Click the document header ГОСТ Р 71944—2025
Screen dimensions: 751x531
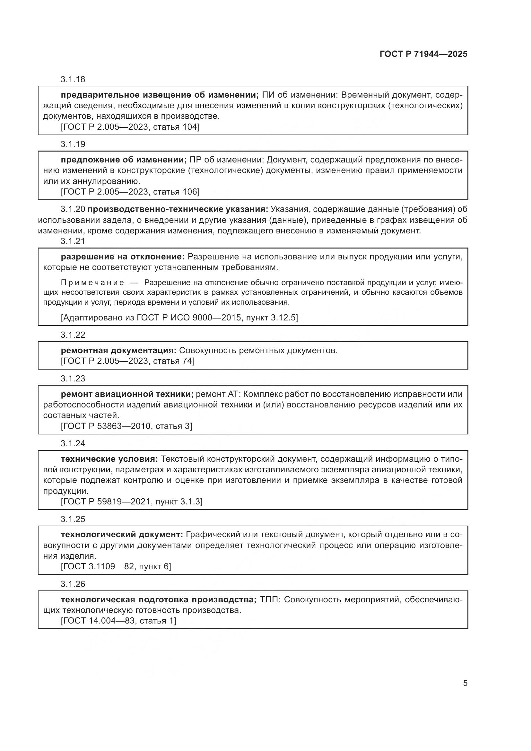423,54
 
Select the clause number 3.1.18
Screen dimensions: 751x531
73,79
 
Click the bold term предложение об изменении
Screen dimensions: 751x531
124,160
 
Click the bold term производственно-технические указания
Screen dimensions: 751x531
178,209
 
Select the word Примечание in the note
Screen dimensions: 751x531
92,283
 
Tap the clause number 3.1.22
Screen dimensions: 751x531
73,335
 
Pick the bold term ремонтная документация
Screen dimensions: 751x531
118,350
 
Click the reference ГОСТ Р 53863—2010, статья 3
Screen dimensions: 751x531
126,426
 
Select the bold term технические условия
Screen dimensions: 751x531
109,459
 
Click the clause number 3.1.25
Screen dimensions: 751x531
73,519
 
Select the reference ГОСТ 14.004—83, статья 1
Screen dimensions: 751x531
118,621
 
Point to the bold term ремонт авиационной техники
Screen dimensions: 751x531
127,394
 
